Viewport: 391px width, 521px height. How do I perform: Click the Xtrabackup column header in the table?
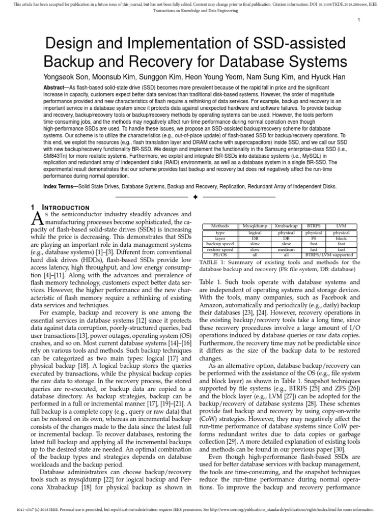[x=286, y=225]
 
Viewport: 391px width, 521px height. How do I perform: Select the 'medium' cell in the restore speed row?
[x=286, y=250]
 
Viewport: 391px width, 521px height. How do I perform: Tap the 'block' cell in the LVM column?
[x=341, y=238]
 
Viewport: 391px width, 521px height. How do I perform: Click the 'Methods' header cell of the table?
[x=220, y=225]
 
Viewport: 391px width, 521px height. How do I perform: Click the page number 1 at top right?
[x=359, y=20]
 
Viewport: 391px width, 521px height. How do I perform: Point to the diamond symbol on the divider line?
[x=195, y=196]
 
